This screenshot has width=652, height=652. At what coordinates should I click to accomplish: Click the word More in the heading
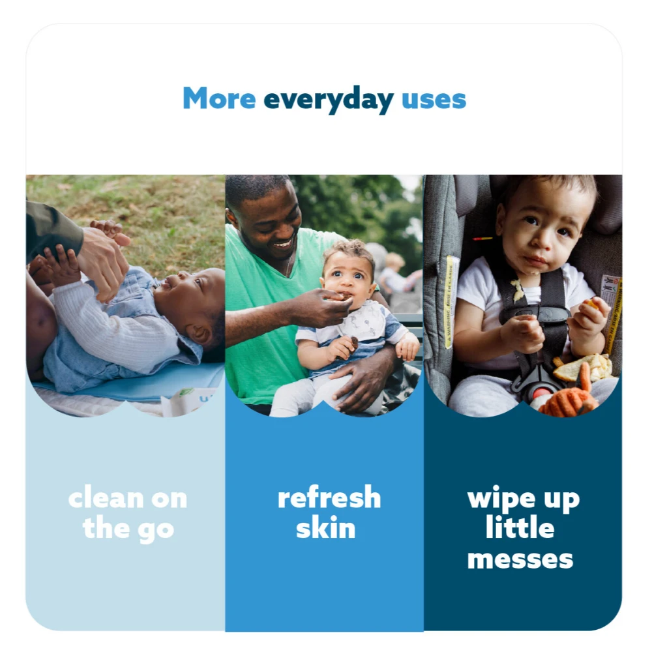click(219, 99)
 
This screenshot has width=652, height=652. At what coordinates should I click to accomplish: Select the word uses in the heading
click(434, 100)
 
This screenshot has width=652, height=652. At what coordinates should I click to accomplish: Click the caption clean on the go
click(127, 513)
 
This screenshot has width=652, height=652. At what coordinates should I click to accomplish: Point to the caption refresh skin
click(329, 512)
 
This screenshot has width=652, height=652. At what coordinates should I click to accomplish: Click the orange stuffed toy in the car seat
click(567, 394)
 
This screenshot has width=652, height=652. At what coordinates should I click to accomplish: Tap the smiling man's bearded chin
click(276, 254)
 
